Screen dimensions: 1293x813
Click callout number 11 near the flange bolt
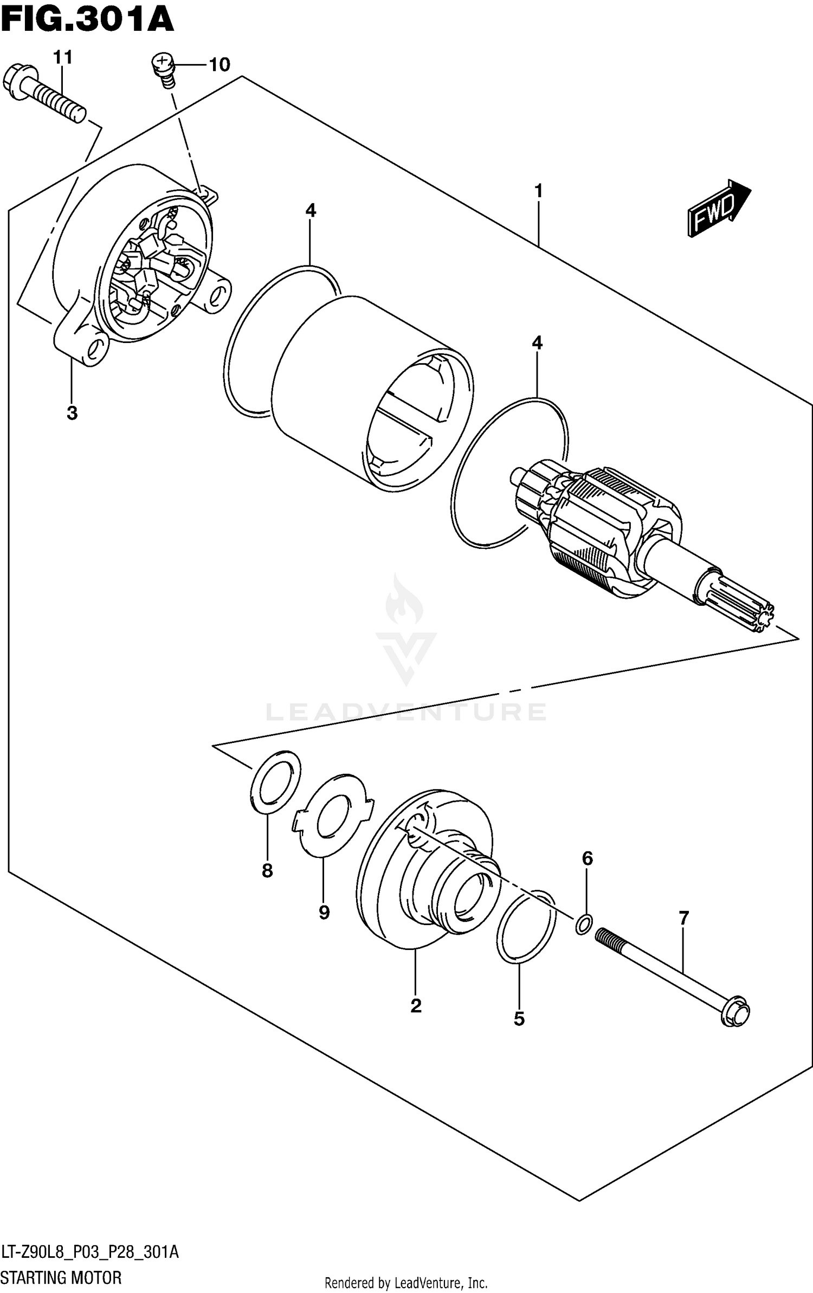62,57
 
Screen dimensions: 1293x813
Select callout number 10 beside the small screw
219,65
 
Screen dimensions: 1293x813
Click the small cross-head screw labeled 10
161,63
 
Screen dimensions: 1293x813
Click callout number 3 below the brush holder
72,413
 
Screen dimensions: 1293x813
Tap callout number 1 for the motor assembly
538,191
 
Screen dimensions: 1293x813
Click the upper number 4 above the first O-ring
310,210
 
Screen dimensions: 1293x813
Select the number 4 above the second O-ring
537,342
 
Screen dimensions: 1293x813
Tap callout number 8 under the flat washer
267,871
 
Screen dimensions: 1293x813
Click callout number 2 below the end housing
416,1006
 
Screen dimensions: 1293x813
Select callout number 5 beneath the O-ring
519,1019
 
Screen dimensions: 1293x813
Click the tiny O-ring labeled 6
583,925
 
